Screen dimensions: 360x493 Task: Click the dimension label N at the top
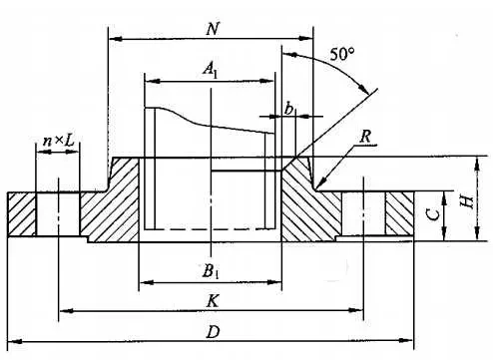click(213, 28)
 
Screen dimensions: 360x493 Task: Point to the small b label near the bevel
click(289, 110)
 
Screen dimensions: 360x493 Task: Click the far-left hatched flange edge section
click(23, 213)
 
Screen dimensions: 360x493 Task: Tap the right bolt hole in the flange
click(364, 213)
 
